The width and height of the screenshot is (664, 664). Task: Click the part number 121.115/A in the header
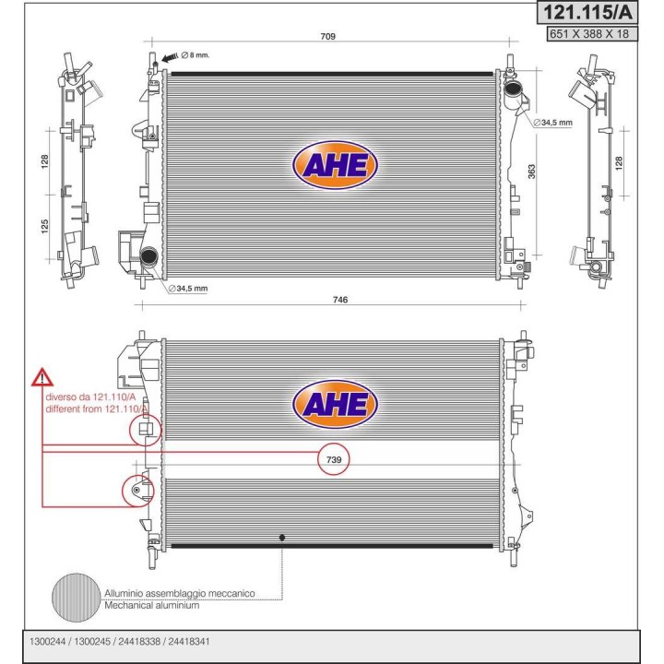[587, 13]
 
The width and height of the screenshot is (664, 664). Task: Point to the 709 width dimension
[327, 36]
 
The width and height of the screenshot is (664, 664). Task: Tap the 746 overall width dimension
[340, 300]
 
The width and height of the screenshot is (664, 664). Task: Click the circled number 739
[334, 459]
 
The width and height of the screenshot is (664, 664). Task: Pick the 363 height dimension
[531, 172]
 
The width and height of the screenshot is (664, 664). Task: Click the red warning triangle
[41, 377]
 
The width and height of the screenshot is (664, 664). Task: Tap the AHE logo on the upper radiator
[335, 165]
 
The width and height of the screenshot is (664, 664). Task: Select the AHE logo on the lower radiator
[335, 404]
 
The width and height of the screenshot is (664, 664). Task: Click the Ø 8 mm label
[196, 55]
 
